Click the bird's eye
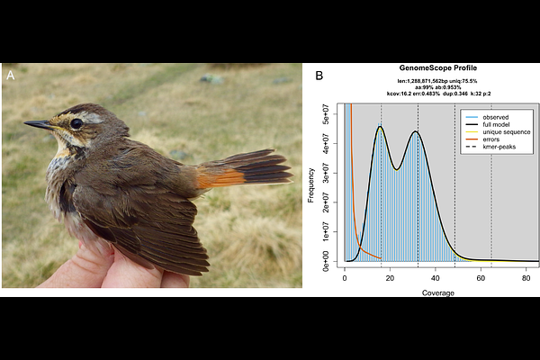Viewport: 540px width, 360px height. (76, 123)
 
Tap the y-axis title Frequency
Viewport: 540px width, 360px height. (312, 185)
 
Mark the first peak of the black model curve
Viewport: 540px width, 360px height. (381, 127)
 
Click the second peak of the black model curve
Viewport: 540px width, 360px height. (417, 132)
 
